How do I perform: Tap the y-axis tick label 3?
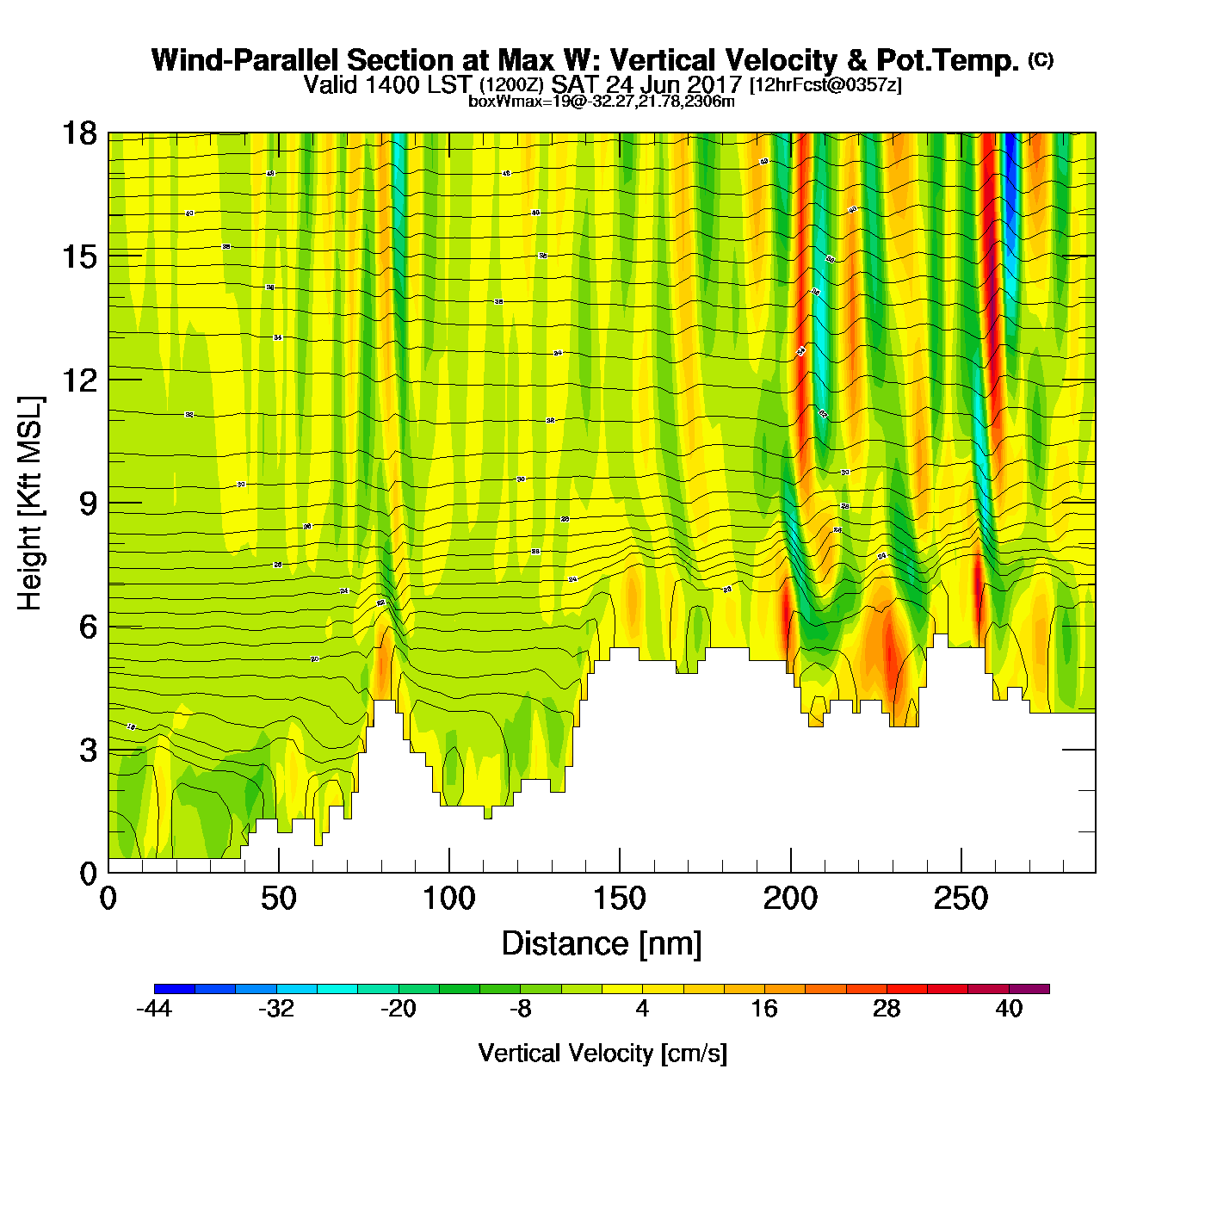tap(88, 751)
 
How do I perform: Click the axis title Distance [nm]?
tap(602, 944)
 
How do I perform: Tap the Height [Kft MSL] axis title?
tap(30, 504)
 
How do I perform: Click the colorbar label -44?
tap(154, 1009)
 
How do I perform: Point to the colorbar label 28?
tap(887, 1009)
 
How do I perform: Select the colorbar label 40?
tap(1009, 1009)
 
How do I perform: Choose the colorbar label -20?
tap(399, 1009)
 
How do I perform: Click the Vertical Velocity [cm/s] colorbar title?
tap(602, 1053)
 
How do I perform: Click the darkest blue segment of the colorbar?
tap(174, 989)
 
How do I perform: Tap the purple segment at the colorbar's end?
tap(1029, 989)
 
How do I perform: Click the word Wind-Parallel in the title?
tap(246, 60)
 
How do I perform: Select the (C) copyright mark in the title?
tap(1041, 59)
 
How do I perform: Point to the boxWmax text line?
tap(602, 102)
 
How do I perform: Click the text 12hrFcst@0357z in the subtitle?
tap(825, 85)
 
